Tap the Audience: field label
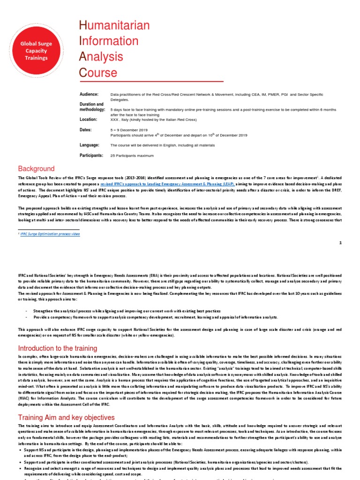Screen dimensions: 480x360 pos(89,94)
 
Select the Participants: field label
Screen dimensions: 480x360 pos(91,155)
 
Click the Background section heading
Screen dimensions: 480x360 pos(36,169)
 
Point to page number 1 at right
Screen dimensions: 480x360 pos(340,243)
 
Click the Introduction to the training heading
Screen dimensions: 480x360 pos(57,348)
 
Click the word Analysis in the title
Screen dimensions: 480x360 pos(101,57)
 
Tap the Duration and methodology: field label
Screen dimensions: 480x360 pos(91,107)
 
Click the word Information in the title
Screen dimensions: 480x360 pos(108,41)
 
